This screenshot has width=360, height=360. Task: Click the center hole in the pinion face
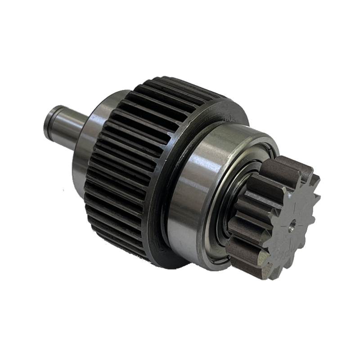293,221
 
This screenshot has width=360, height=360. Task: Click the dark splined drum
135,148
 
